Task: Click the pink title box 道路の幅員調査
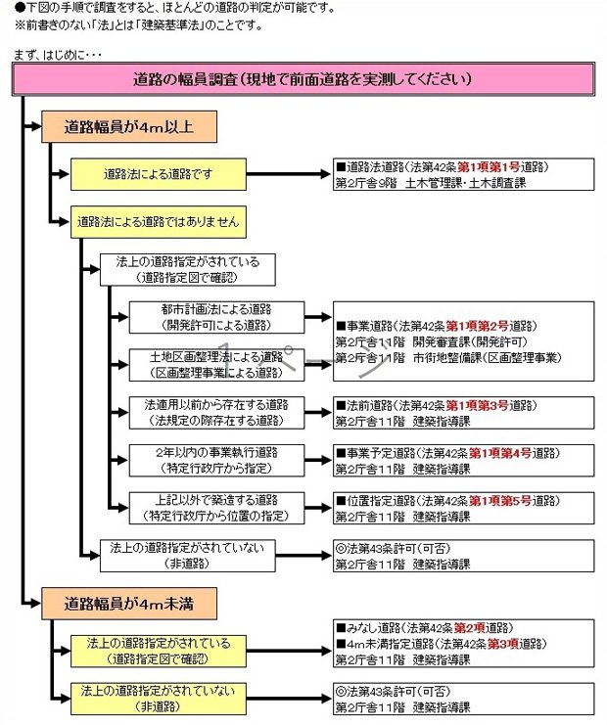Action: point(303,79)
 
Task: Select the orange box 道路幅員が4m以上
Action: point(127,126)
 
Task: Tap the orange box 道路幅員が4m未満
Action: point(127,604)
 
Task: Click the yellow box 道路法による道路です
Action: point(158,175)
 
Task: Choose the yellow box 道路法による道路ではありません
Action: point(158,221)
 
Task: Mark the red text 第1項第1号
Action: point(480,168)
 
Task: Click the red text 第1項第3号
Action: point(480,404)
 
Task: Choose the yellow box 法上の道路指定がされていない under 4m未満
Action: point(158,697)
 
